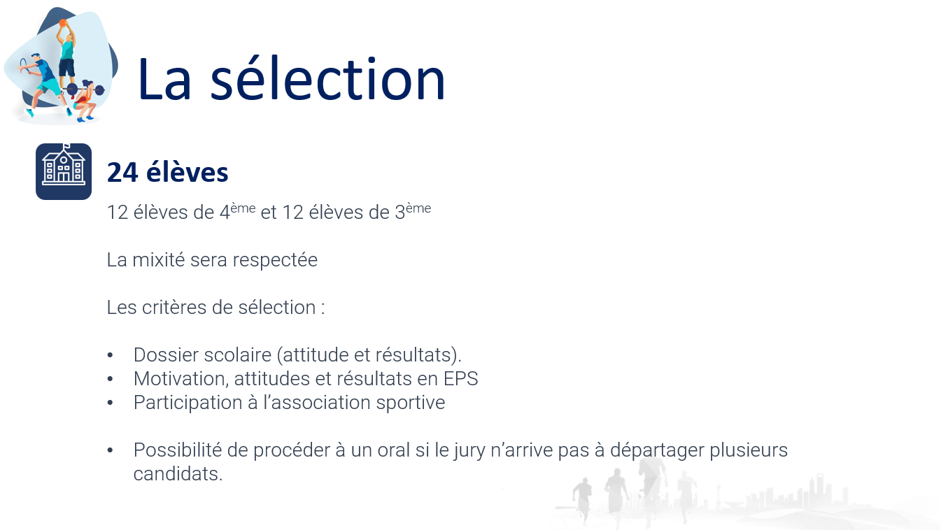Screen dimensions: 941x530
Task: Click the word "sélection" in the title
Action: (327, 79)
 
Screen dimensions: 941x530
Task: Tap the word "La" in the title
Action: (164, 80)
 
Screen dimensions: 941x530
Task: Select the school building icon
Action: (64, 171)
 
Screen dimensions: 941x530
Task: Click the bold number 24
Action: (122, 172)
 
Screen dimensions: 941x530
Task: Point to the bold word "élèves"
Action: (187, 172)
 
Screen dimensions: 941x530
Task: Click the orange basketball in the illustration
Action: (63, 22)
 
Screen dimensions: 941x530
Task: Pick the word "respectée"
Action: (275, 260)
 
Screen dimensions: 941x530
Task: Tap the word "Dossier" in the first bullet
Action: (167, 355)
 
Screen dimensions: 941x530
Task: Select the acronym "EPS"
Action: (460, 379)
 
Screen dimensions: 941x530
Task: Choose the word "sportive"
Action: (411, 403)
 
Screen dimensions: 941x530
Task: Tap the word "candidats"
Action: (178, 474)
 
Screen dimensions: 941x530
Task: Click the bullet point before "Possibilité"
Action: (110, 450)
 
